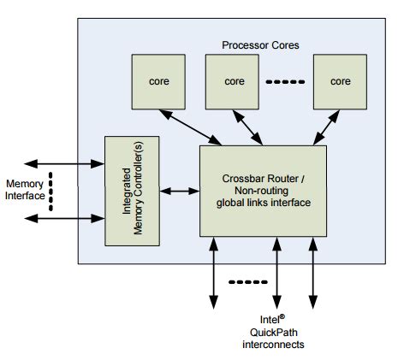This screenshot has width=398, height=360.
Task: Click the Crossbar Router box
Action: (263, 190)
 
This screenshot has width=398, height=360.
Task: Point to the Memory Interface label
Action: (27, 190)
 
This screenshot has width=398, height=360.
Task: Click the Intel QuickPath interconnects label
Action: (276, 332)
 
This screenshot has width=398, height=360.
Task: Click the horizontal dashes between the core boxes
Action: (286, 82)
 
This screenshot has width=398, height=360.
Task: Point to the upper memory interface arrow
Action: (63, 162)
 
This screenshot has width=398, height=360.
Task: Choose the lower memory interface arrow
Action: (63, 218)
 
